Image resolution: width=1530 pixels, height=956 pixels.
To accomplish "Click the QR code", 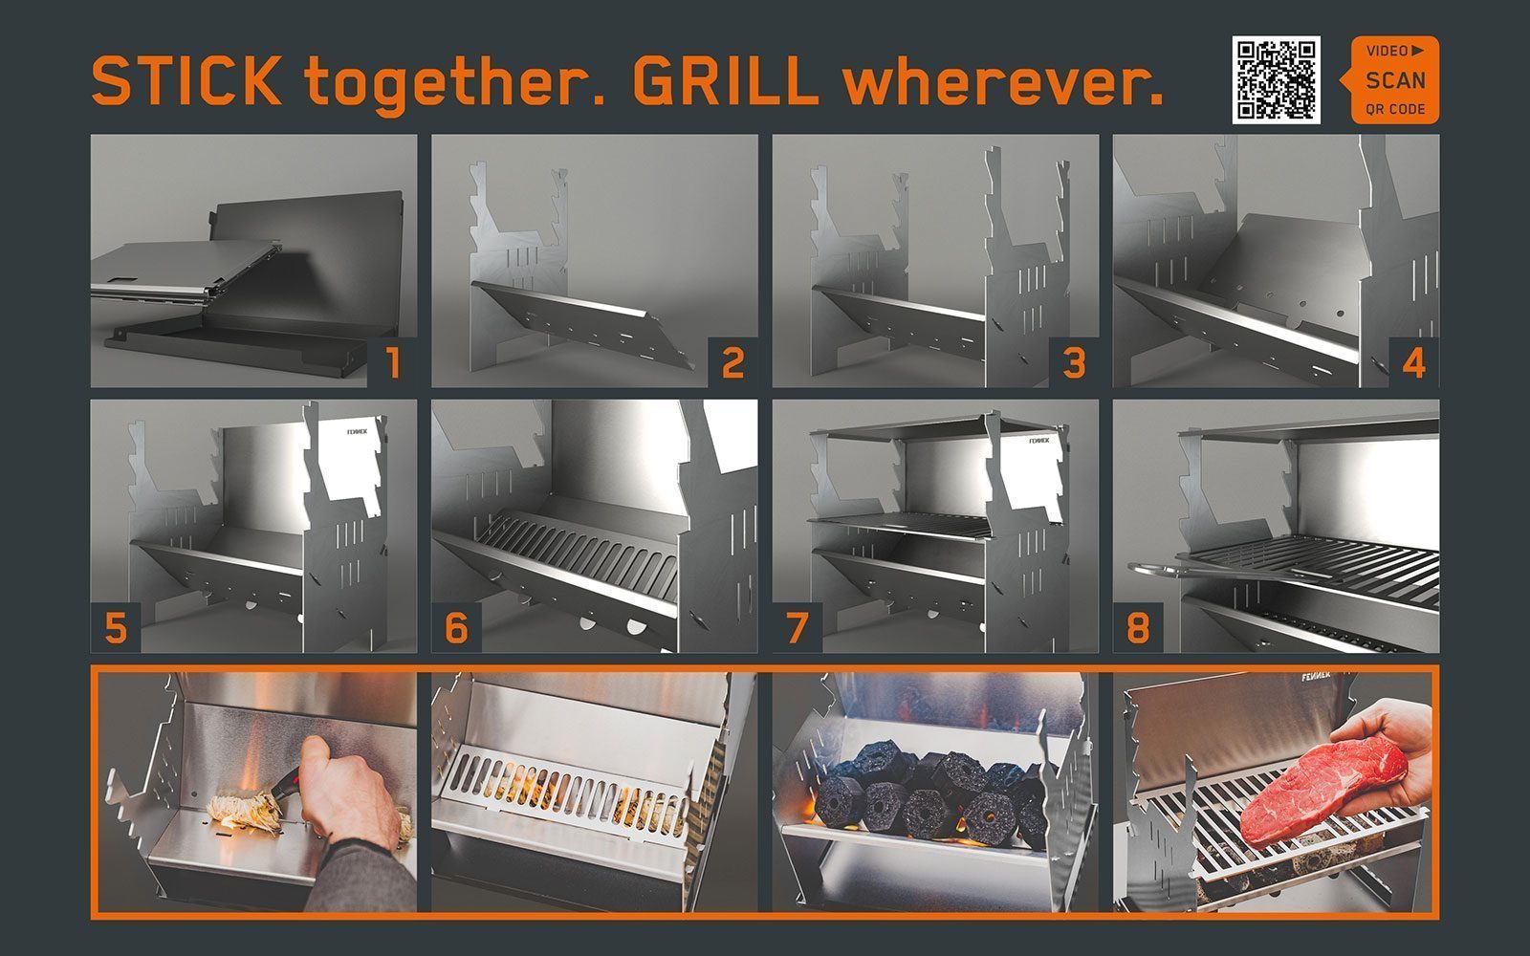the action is pos(1276,80).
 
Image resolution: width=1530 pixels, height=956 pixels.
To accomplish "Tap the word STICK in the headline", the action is pos(186,80).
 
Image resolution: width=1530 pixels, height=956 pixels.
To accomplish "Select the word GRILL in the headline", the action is pos(726,80).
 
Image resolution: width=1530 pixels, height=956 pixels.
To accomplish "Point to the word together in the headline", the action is pos(455,85).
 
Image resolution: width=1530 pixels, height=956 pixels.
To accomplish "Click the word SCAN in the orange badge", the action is pos(1395,80).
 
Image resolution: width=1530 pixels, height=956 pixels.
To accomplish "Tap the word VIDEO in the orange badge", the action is pos(1388,52).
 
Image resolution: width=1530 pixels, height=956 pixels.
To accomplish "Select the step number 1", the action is pos(393,362).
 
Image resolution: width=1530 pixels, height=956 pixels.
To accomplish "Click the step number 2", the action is pos(732,362).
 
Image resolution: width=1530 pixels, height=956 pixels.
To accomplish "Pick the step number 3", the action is pos(1075,362).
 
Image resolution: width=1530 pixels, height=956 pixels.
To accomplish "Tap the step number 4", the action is pos(1414,362).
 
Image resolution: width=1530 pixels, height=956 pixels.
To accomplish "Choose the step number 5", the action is pos(116,627).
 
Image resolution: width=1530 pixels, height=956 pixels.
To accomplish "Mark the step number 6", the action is pos(456,627).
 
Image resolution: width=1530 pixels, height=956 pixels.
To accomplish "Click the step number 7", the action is pos(798,627).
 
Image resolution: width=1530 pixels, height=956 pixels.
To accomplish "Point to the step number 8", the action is pos(1138,627).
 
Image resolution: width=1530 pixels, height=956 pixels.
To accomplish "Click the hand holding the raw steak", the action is pos(1387,758).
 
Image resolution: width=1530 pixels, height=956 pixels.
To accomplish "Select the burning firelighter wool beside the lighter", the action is pos(245,810).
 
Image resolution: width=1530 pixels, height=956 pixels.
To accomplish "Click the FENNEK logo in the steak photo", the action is pos(1315,677).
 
